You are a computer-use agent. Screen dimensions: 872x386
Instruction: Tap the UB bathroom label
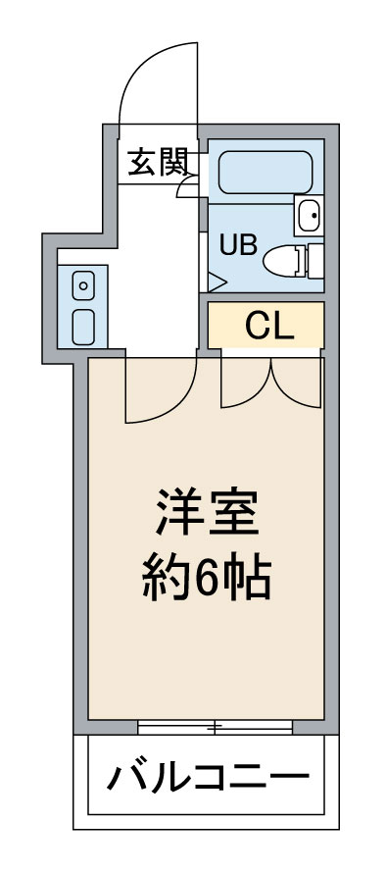[238, 245]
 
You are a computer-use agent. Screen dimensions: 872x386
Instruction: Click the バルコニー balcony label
[207, 781]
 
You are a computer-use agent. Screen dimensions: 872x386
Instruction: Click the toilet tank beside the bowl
[314, 260]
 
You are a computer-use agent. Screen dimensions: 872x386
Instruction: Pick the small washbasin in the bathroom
[308, 213]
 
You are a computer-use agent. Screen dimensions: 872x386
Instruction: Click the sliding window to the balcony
[216, 727]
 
